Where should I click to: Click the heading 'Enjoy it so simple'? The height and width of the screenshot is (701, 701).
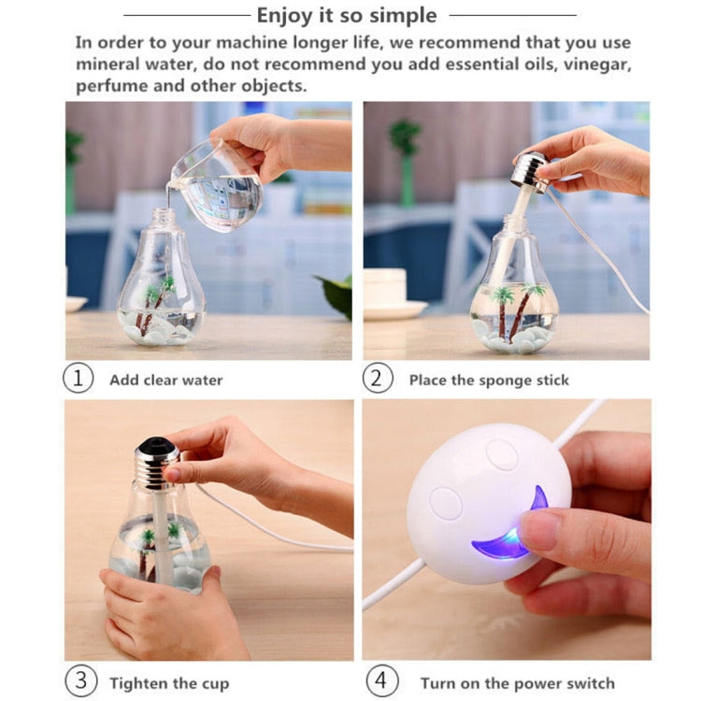coord(347,16)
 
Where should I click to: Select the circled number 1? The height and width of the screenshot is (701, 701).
coord(79,379)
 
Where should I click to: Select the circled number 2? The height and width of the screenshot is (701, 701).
coord(377,379)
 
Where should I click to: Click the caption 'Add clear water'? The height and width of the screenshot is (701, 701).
coord(165,380)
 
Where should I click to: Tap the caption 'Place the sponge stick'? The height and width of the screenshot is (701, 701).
coord(489,380)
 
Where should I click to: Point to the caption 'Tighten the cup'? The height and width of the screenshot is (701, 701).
coord(169,683)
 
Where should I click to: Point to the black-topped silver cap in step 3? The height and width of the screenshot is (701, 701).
coord(157,461)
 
